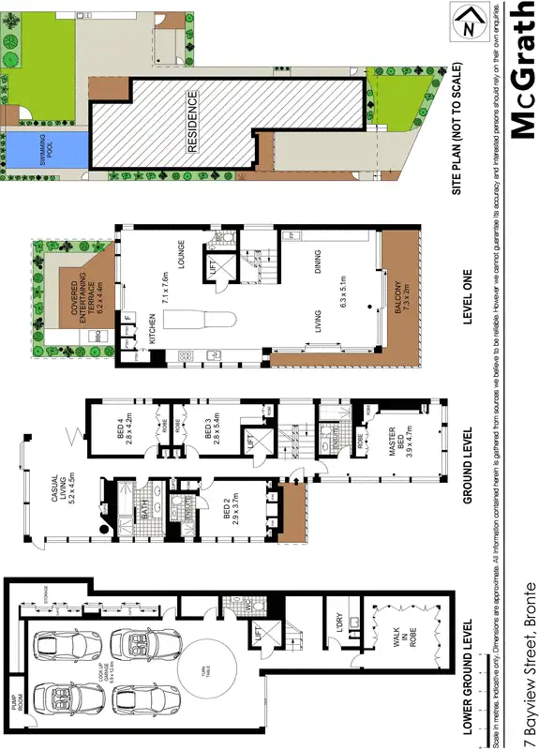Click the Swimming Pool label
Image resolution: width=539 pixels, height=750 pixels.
[42, 148]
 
